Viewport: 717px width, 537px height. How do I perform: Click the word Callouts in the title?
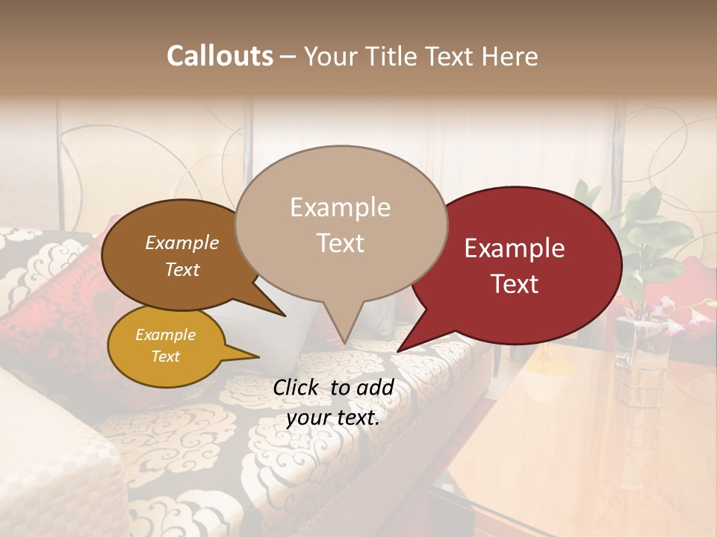click(220, 56)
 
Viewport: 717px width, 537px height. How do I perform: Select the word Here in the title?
click(511, 56)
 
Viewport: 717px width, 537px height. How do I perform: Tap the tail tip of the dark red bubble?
click(399, 351)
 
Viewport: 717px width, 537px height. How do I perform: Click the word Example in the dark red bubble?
click(515, 248)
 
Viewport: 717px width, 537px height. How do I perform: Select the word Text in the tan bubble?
click(341, 242)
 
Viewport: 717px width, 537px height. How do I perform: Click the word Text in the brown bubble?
click(182, 269)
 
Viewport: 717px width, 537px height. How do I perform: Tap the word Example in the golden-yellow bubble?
click(165, 335)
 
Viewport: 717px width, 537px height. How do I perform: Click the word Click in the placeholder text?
click(297, 387)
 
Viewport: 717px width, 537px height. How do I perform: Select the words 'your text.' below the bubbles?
click(333, 418)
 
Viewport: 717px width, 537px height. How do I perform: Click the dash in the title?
click(289, 56)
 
